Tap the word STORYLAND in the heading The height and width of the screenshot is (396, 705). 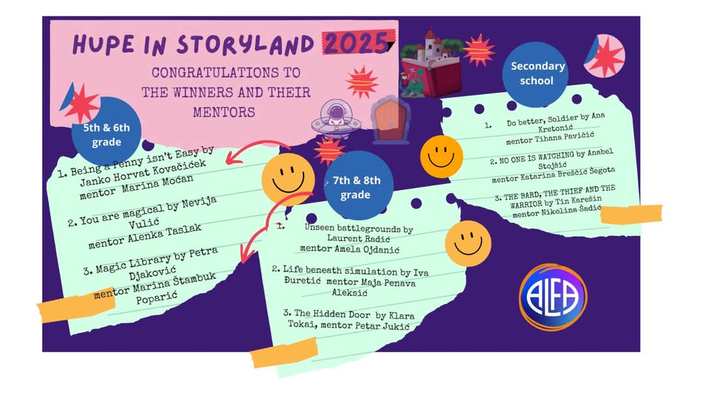point(245,44)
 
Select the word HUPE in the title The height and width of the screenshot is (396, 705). point(103,44)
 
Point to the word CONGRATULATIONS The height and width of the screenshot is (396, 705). point(226,72)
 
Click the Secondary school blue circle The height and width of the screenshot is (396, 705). point(537,74)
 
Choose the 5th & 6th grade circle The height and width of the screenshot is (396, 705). point(106,132)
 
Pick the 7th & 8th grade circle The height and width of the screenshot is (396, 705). point(358,185)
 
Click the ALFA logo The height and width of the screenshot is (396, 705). point(553,297)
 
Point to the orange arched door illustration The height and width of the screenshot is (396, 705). point(390,121)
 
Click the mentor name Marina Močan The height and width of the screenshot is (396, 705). point(157,184)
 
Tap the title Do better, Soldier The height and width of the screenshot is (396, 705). point(542,121)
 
